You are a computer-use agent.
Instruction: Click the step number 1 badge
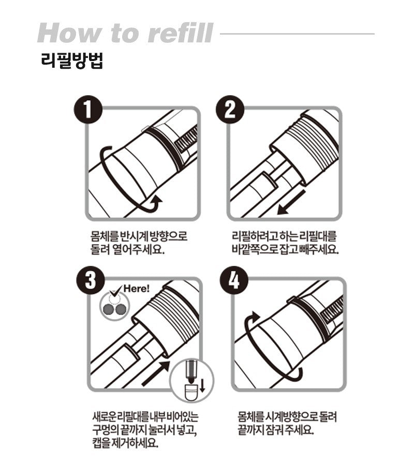pyautogui.click(x=88, y=110)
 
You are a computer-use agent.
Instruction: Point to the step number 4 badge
pyautogui.click(x=234, y=280)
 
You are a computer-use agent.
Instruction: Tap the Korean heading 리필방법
pyautogui.click(x=72, y=61)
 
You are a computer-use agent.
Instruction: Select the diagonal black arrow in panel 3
pyautogui.click(x=156, y=373)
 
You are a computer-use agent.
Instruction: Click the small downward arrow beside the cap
pyautogui.click(x=202, y=386)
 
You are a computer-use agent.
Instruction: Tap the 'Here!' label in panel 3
pyautogui.click(x=137, y=288)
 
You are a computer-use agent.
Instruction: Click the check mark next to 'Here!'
pyautogui.click(x=115, y=291)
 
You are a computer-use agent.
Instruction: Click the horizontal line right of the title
pyautogui.click(x=298, y=34)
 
